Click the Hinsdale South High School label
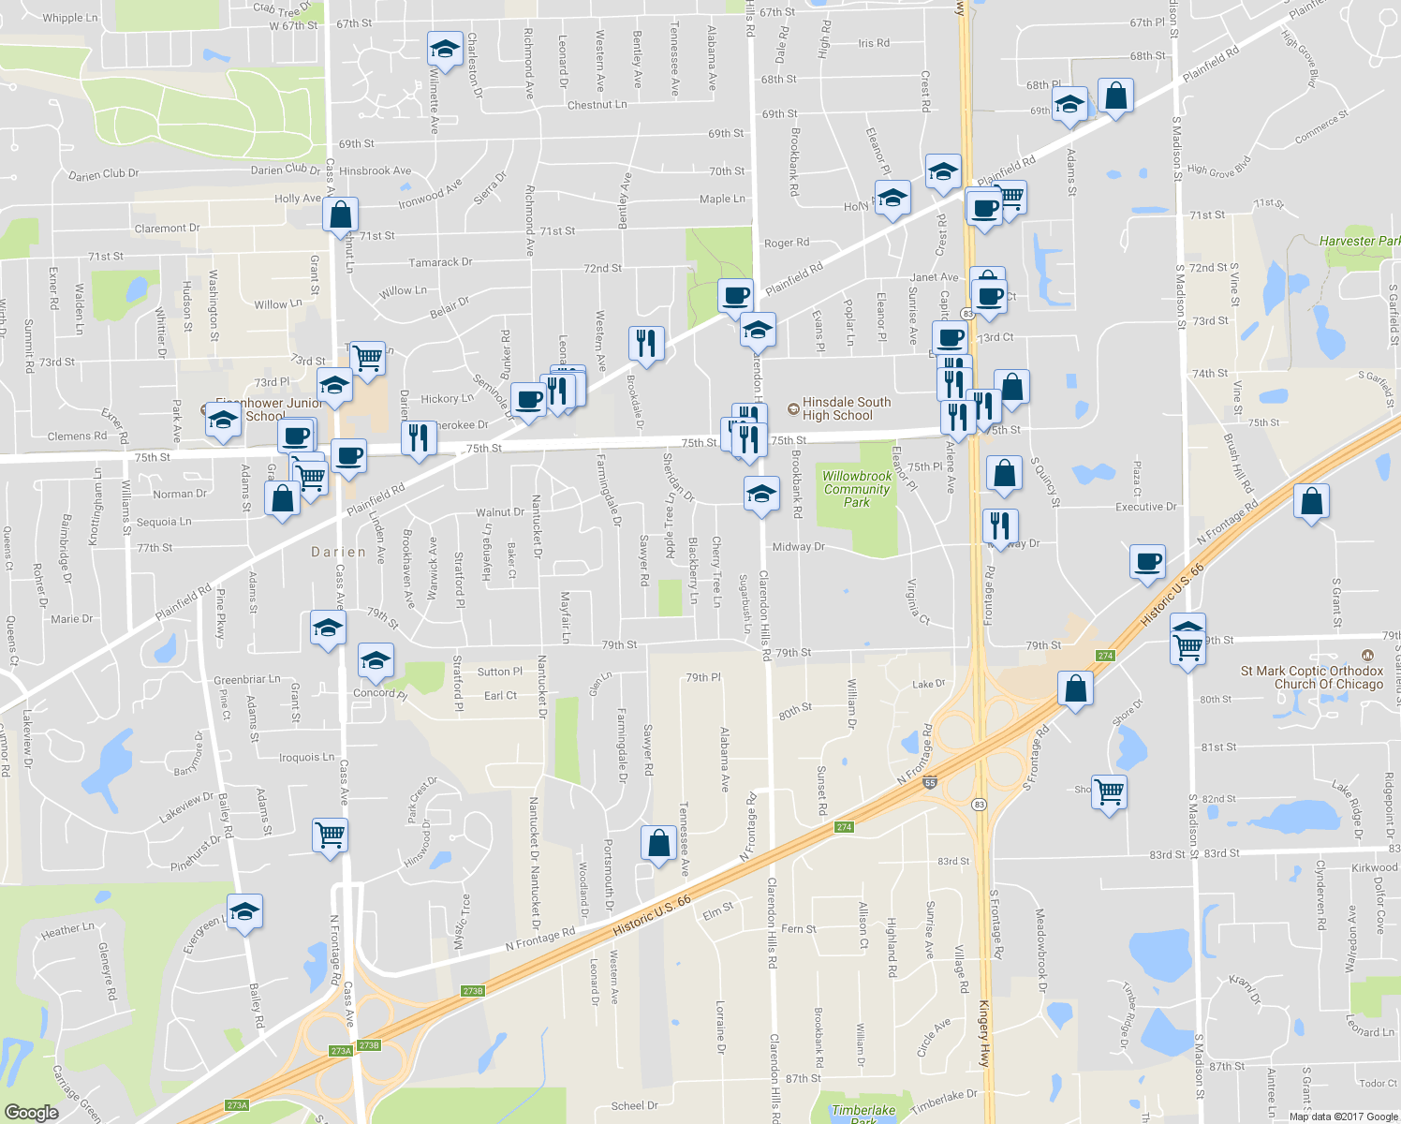[846, 408]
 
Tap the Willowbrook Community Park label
[857, 489]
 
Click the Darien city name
[339, 553]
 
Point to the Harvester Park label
[1359, 241]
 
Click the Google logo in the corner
[31, 1112]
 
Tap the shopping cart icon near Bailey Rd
[330, 834]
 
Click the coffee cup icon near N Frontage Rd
[1147, 562]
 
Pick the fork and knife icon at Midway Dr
[1001, 526]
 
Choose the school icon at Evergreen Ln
[244, 911]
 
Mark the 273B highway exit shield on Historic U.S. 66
[473, 991]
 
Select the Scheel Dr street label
[634, 1105]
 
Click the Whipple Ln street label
[70, 18]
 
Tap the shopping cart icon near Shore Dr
[1109, 791]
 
